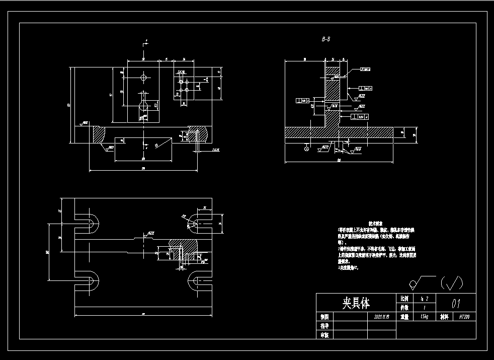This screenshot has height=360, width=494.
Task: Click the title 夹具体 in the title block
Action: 356,303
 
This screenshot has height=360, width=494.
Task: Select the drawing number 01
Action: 456,303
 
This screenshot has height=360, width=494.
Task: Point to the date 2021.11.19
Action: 382,317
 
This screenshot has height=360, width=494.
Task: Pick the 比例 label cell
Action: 404,298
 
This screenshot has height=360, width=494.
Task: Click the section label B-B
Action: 326,38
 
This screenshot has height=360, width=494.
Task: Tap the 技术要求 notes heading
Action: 376,222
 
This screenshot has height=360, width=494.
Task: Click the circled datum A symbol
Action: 307,149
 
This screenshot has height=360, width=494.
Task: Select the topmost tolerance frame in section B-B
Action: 365,70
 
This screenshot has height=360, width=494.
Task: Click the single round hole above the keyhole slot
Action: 144,78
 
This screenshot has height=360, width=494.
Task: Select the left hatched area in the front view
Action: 98,134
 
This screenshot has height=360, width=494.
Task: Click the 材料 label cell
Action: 444,317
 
